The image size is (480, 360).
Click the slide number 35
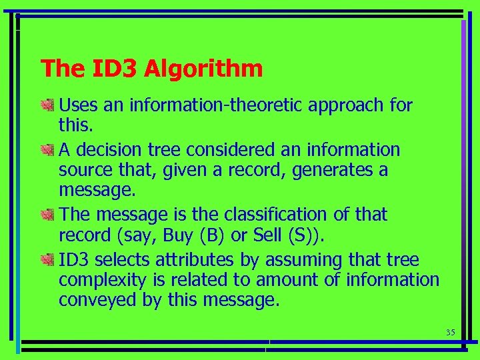click(x=449, y=333)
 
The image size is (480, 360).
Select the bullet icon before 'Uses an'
click(x=47, y=105)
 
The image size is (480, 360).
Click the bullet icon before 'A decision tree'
click(x=47, y=149)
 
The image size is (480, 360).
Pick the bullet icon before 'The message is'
click(x=47, y=215)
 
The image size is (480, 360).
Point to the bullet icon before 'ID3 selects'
click(x=47, y=259)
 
